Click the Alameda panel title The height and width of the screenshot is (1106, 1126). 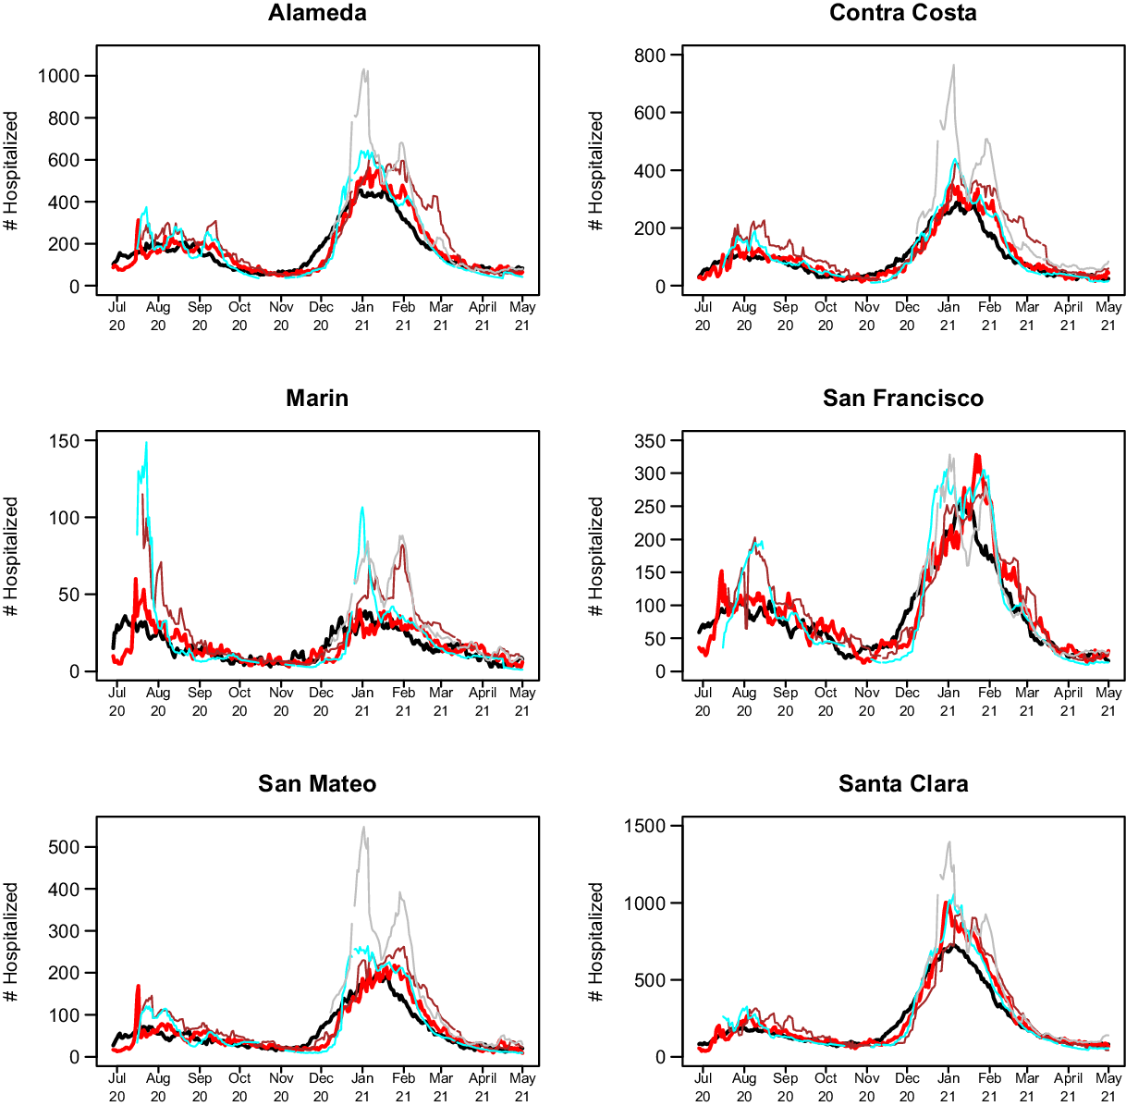point(317,13)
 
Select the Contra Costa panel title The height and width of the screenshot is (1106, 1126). point(902,13)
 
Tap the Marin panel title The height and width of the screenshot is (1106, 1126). point(317,399)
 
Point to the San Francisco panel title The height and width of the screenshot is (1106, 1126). point(902,399)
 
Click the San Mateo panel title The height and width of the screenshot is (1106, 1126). point(317,784)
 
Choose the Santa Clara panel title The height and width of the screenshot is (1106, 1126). point(902,784)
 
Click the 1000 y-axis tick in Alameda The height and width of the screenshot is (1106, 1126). point(59,76)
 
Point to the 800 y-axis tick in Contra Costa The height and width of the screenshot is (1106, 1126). point(650,55)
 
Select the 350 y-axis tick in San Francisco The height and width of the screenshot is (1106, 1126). point(650,441)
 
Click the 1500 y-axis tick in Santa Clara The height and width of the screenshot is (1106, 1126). point(645,827)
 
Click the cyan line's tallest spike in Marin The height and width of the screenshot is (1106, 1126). point(146,443)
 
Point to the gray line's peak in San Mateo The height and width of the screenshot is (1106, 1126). point(363,828)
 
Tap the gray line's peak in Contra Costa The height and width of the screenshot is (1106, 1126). point(953,66)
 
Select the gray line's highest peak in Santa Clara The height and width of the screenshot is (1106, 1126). point(949,842)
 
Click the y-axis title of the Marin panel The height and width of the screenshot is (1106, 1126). point(11,557)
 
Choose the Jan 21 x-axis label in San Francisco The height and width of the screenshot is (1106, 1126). point(948,701)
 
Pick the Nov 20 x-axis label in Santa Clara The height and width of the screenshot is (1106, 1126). point(866,1087)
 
